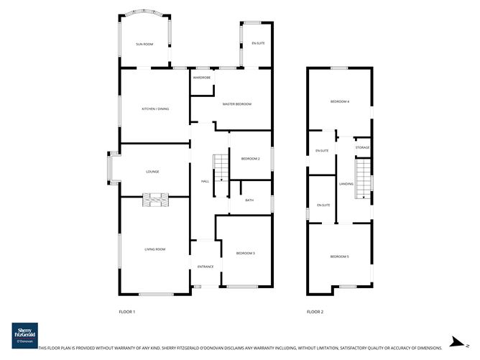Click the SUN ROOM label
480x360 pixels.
(x=145, y=45)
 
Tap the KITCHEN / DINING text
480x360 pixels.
(x=155, y=109)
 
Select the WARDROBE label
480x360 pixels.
(x=201, y=77)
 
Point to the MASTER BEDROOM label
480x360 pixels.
(x=237, y=105)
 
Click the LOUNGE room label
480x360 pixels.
(x=152, y=172)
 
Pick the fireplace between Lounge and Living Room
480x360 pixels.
(x=155, y=200)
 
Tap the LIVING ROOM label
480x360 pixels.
(x=155, y=249)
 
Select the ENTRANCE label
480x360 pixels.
(x=206, y=267)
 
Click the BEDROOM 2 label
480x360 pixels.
(x=250, y=158)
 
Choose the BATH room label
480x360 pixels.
(x=249, y=200)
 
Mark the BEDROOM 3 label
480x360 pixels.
(x=245, y=253)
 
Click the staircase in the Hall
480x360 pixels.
(x=219, y=167)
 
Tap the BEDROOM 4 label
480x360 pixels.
(x=340, y=102)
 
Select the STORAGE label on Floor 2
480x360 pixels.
(x=362, y=148)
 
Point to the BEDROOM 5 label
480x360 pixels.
(x=340, y=257)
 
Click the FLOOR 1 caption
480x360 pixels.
(x=127, y=312)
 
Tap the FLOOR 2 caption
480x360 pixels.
(x=315, y=312)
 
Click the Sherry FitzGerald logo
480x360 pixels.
(x=25, y=334)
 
